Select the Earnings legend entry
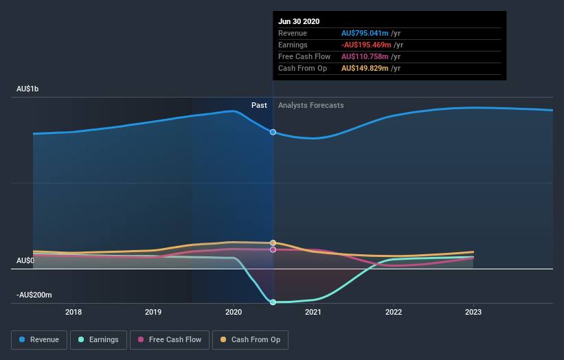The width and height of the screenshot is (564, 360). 98,339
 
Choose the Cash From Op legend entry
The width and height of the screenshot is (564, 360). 250,339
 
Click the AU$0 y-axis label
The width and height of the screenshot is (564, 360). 25,260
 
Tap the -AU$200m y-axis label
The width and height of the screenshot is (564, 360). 35,295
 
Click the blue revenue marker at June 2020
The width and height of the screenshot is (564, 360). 273,132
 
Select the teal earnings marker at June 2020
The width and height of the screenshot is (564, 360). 273,302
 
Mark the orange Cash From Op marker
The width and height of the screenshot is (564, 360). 273,243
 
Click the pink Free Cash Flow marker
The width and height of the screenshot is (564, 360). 273,249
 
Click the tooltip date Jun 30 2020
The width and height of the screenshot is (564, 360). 300,21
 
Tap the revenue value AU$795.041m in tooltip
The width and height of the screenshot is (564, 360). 365,33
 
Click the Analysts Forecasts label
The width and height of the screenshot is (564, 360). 311,105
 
